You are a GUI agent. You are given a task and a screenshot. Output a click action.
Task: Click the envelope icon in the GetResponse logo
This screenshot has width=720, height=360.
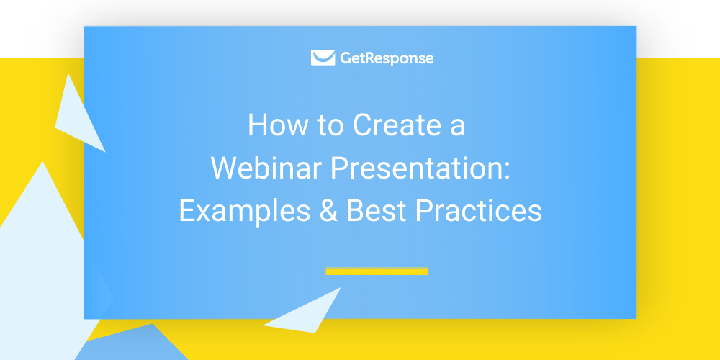[x=323, y=58]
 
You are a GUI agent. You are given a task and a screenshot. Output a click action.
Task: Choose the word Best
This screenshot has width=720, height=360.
[x=377, y=211]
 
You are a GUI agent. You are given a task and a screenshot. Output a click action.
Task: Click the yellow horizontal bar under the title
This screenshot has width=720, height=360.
[x=377, y=271]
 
